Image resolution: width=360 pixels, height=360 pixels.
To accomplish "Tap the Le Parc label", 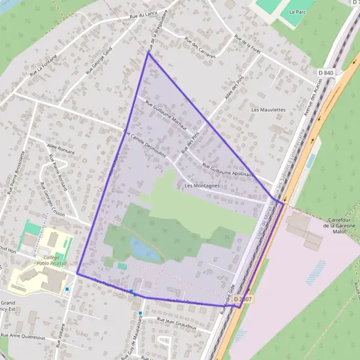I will [x=298, y=11].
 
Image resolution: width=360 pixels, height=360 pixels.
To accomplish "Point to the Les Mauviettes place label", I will [x=268, y=110].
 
